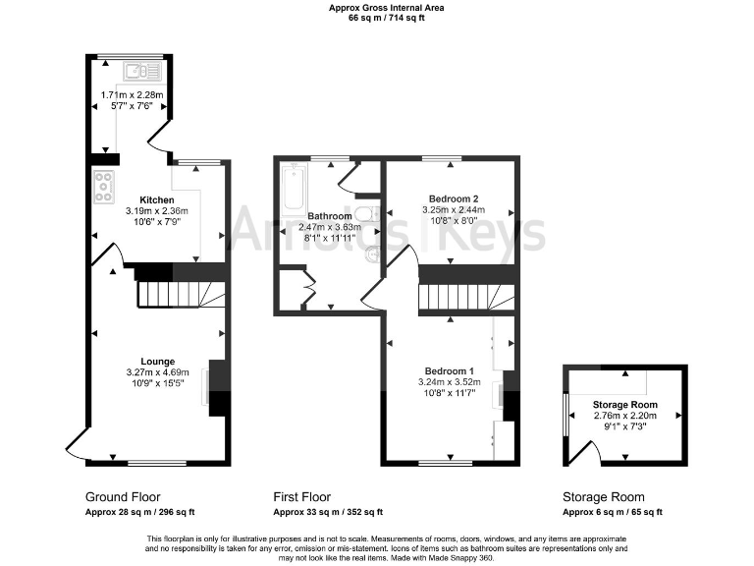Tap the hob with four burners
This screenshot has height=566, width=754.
103,186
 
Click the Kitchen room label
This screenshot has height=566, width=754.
156,198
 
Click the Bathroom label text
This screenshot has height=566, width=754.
329,215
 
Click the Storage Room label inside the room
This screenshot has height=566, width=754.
624,405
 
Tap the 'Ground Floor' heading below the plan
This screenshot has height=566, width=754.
123,496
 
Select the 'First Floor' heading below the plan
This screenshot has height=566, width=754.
301,496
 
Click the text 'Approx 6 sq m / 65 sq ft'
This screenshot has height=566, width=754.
612,512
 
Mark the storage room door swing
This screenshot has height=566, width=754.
586,452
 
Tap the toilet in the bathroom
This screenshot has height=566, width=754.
365,215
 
